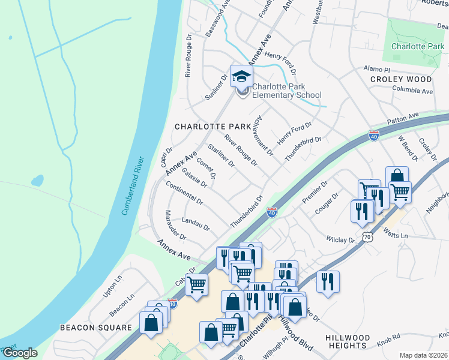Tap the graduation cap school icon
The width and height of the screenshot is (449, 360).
(x=241, y=76)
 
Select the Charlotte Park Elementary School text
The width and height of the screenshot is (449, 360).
(x=286, y=91)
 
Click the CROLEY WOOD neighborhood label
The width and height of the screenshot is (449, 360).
(x=400, y=79)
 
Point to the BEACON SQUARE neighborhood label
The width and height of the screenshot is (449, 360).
(x=95, y=328)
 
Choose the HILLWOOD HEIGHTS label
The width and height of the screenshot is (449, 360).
(x=348, y=342)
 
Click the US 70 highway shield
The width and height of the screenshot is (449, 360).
(x=366, y=237)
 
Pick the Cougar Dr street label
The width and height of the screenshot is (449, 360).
(x=327, y=204)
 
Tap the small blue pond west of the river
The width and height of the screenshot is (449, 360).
(x=37, y=180)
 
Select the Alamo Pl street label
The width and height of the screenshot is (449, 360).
(x=376, y=70)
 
